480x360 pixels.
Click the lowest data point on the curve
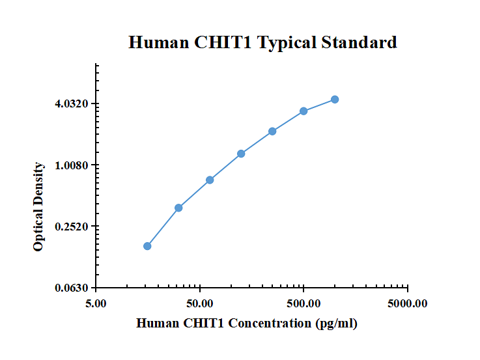[147, 246]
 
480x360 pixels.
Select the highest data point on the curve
[335, 99]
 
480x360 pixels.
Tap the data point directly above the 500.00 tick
[304, 111]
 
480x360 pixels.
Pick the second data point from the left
[178, 208]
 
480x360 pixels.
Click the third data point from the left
[210, 180]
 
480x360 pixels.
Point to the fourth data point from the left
[241, 154]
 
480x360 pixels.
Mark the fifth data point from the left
[272, 132]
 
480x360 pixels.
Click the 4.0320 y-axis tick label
[73, 104]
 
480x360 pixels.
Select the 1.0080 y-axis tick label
[73, 165]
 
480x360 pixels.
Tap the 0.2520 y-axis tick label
[73, 227]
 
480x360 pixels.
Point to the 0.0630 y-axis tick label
[73, 288]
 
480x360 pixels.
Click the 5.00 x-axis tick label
[96, 303]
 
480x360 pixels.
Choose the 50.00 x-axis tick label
[200, 303]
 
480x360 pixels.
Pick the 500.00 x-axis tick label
[304, 303]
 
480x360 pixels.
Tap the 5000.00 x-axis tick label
[407, 303]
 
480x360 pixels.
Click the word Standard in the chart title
[359, 43]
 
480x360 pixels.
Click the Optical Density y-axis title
[39, 207]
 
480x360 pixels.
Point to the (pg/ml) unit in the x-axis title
[336, 324]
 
